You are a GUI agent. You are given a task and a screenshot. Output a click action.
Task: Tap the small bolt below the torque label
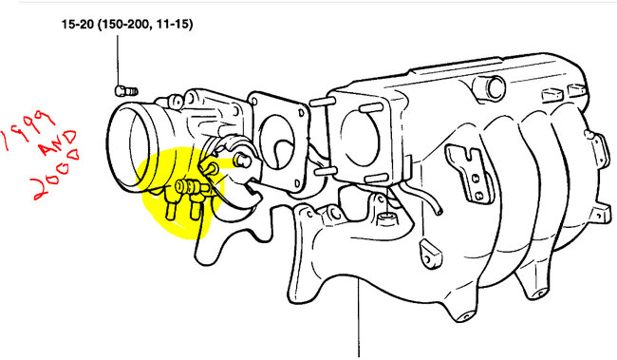pos(121,90)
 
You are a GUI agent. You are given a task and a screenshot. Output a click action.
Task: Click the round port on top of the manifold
pos(493,87)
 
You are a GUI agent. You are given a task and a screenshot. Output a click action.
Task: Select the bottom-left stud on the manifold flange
pos(320,171)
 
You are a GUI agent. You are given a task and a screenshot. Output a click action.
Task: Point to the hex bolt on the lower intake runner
pos(385,225)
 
